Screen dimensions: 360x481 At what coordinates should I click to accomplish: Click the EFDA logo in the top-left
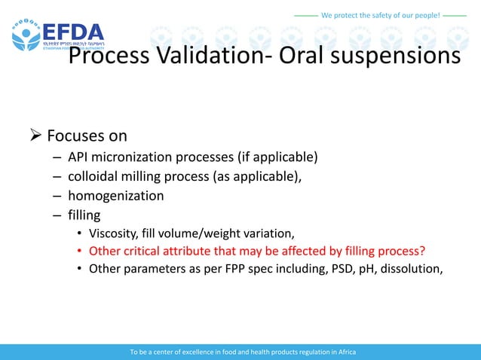(57, 34)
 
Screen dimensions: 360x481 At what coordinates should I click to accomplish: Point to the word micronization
(134, 157)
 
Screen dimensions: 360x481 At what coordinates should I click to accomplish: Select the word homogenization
(115, 196)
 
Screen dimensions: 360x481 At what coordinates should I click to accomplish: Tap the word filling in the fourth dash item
(84, 215)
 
